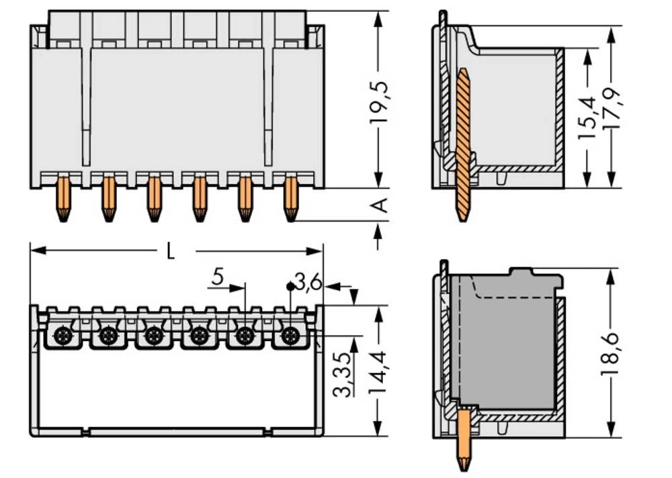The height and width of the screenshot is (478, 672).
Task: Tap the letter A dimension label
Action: coord(380,205)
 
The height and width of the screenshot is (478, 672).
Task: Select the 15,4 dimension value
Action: coord(587,117)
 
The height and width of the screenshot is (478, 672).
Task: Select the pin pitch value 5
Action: coord(217,276)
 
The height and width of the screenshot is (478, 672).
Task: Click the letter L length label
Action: coord(171,252)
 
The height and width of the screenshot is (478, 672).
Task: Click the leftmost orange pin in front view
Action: coord(62,199)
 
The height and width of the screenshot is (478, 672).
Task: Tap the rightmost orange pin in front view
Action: coord(290,199)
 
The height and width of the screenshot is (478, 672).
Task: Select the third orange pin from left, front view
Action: coord(154,199)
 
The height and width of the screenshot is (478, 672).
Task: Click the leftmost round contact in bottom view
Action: coord(62,335)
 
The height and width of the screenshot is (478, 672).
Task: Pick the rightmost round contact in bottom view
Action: coord(290,335)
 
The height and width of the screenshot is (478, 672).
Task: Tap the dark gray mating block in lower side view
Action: coord(507,342)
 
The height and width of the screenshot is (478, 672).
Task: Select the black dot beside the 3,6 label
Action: coord(290,286)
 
